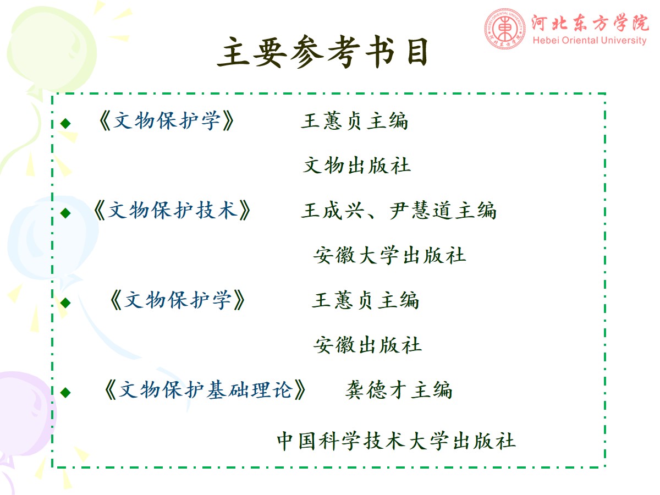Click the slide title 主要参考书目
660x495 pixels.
[x=322, y=52]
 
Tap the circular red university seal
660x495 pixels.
[x=505, y=29]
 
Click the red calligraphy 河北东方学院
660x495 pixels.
[x=590, y=23]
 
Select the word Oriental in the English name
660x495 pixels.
[x=576, y=40]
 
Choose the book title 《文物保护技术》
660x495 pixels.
[x=172, y=210]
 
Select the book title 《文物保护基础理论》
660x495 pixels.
[x=205, y=390]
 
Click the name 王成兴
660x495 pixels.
[x=333, y=211]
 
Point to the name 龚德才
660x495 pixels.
[x=376, y=390]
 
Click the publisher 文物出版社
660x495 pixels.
[x=357, y=166]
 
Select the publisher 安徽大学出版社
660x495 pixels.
[x=390, y=255]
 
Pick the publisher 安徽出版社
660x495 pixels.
[x=367, y=345]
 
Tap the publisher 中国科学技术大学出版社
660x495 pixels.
[x=397, y=441]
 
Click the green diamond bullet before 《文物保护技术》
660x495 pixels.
[x=65, y=213]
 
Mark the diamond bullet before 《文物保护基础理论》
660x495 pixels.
[x=65, y=393]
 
